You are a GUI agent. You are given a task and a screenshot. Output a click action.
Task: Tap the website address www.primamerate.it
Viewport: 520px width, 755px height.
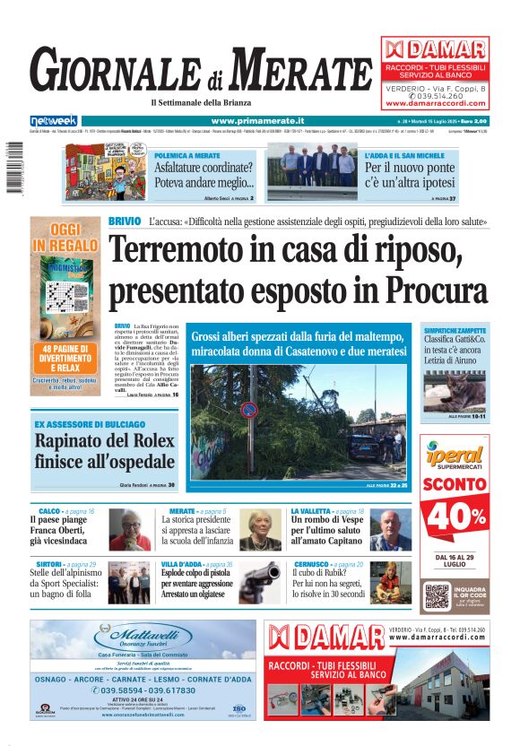click(x=257, y=121)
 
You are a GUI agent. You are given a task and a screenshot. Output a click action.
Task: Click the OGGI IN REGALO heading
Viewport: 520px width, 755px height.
click(x=63, y=237)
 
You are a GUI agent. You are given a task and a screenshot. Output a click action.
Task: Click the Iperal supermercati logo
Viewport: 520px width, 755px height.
click(x=455, y=453)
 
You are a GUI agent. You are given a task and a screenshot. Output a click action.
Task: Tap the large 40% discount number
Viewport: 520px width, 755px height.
click(x=455, y=517)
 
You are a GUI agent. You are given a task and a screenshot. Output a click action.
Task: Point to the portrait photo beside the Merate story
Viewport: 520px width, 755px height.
click(x=260, y=531)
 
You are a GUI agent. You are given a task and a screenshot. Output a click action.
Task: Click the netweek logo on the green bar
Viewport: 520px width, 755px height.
click(x=53, y=121)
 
